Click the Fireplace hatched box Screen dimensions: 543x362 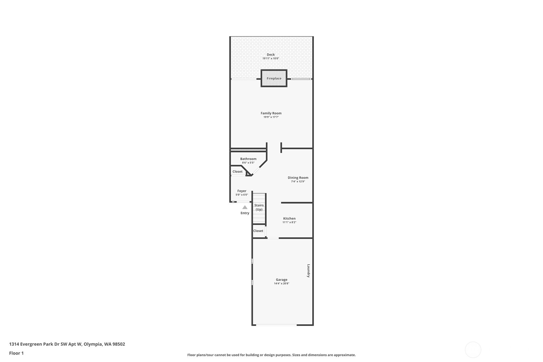coord(274,78)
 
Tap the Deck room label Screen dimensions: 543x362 coord(271,54)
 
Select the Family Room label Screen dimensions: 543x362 coord(271,113)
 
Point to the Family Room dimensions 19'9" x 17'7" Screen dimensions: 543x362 coord(271,117)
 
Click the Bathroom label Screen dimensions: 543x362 coord(248,159)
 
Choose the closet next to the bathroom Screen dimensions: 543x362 coord(237,171)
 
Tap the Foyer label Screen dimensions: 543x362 coord(242,191)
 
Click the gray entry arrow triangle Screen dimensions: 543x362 coord(245,207)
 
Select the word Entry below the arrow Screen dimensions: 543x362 coord(245,213)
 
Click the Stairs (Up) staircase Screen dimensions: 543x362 coord(259,208)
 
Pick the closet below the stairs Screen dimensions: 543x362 coord(259,231)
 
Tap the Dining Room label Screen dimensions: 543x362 coord(298,178)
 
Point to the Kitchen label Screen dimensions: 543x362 coord(289,218)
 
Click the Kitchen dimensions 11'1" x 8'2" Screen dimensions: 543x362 coord(289,222)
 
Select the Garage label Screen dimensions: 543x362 coord(282,279)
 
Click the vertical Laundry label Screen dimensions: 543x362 coord(308,270)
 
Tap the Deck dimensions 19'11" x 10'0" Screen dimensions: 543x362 coord(271,59)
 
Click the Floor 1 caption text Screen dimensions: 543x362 coord(17,353)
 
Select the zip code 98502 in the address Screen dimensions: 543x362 coord(118,344)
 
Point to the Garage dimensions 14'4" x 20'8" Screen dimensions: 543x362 coord(282,284)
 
